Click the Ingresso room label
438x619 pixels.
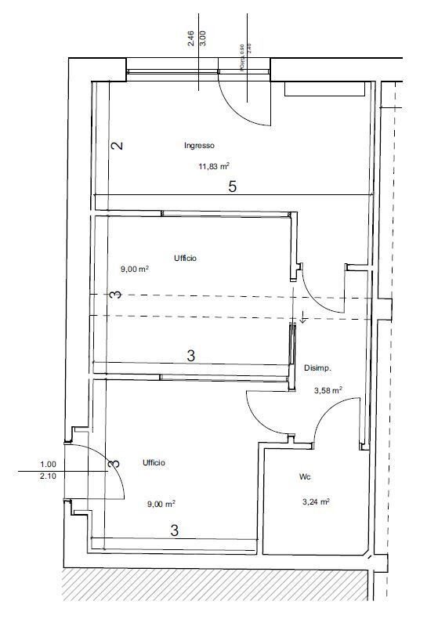199,145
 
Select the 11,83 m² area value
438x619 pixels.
213,165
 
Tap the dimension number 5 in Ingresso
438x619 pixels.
232,186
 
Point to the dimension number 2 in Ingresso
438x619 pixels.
117,146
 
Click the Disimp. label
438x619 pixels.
317,367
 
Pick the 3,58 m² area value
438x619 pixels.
328,389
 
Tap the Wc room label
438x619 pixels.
306,476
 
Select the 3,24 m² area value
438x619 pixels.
316,501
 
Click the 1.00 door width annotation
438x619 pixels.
49,464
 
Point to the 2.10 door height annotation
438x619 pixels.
49,476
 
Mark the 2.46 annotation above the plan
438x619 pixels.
191,39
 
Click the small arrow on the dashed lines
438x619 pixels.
302,317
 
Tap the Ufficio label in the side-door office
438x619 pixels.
154,463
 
